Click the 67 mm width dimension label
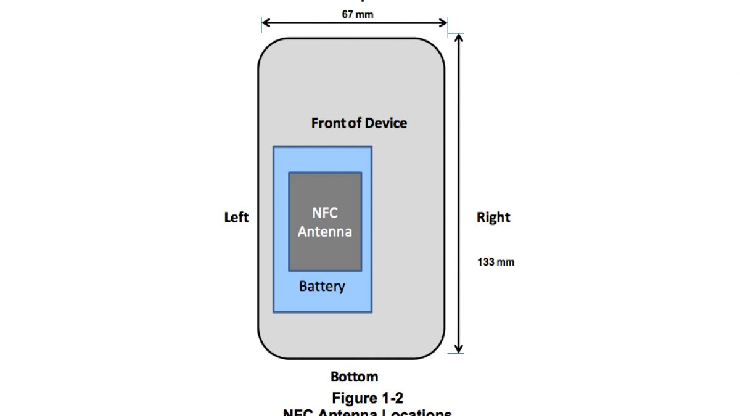(358, 14)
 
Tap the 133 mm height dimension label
(495, 262)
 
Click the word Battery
(322, 287)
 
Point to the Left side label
(236, 218)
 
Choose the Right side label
(493, 218)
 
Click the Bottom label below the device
(354, 377)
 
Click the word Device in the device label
(385, 123)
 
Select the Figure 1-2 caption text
(368, 397)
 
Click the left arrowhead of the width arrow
(265, 23)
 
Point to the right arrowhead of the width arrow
(445, 23)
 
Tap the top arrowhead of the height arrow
(459, 38)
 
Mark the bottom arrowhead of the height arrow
(459, 349)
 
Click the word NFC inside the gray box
(325, 213)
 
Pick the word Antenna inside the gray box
(325, 232)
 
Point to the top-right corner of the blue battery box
(371, 147)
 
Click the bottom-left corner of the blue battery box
(274, 311)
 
